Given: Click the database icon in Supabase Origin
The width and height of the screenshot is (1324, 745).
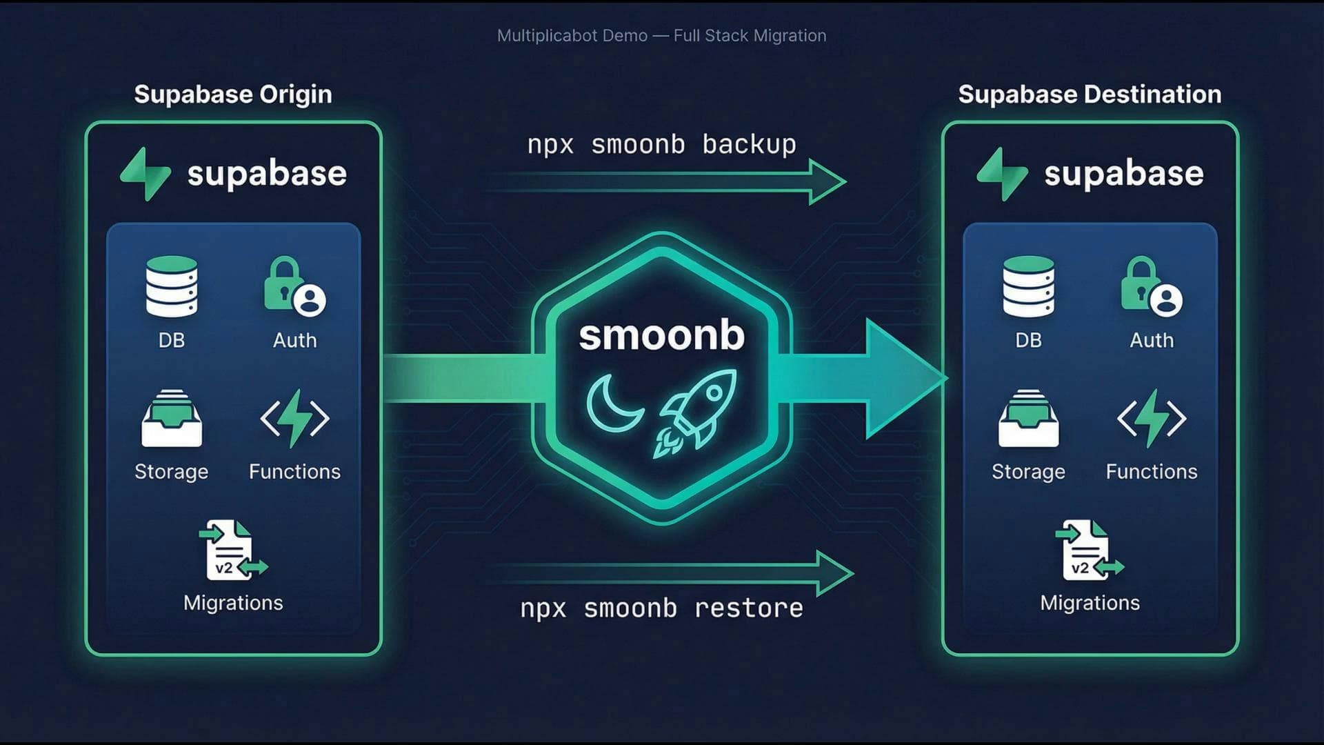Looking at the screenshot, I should (x=172, y=286).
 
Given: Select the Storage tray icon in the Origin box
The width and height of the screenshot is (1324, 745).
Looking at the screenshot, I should (x=172, y=418).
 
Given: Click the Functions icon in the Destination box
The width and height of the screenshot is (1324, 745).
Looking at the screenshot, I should (x=1152, y=418).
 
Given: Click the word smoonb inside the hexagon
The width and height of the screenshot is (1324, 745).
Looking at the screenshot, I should (x=661, y=335).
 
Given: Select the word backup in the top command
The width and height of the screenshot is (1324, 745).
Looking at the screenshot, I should (x=749, y=145).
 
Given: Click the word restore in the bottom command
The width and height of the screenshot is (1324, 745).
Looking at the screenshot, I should (x=748, y=608).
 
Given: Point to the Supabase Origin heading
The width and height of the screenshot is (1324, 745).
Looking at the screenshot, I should (x=233, y=94).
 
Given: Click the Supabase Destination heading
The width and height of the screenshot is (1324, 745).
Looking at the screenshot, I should (x=1090, y=94).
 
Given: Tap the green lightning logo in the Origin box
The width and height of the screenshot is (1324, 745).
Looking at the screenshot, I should (x=146, y=173).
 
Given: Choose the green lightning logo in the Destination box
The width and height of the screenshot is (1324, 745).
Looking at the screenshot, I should (x=1002, y=173).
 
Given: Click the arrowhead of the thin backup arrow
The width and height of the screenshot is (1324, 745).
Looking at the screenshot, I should (x=827, y=182).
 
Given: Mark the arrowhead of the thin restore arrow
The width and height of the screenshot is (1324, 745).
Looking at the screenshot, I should (x=834, y=573).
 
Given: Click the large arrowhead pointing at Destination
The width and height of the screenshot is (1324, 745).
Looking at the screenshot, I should (x=903, y=378).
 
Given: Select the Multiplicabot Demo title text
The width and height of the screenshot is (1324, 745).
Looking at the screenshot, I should (x=661, y=36).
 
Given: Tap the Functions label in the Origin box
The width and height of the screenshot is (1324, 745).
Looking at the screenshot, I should (x=294, y=472).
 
